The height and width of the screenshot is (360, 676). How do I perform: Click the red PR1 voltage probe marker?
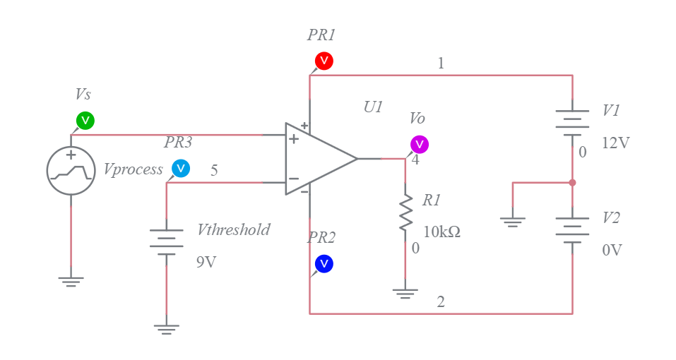point(324,61)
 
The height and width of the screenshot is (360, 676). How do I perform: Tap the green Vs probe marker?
point(85,121)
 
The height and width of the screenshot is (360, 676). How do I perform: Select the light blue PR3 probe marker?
point(181,169)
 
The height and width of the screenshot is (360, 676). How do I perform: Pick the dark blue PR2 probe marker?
point(324,264)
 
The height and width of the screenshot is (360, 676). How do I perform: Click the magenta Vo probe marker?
point(420,145)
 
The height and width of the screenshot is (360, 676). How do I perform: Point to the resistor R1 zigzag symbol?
point(405,213)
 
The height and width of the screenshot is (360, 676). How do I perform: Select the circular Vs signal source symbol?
point(71,171)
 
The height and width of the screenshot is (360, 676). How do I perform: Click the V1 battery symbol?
point(572,121)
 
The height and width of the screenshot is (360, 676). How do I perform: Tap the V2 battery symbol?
point(572,230)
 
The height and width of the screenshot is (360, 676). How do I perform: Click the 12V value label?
point(615,143)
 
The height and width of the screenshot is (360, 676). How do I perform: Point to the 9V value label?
point(206,262)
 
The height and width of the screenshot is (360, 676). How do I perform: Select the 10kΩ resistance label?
point(441,232)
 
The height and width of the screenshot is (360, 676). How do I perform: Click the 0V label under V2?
point(612,250)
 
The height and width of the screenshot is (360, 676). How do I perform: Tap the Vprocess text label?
point(133,169)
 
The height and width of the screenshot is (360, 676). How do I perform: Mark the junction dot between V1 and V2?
point(572,183)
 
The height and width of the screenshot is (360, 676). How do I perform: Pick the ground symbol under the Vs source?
point(71,281)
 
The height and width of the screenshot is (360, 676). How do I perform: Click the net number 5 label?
point(214,170)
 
